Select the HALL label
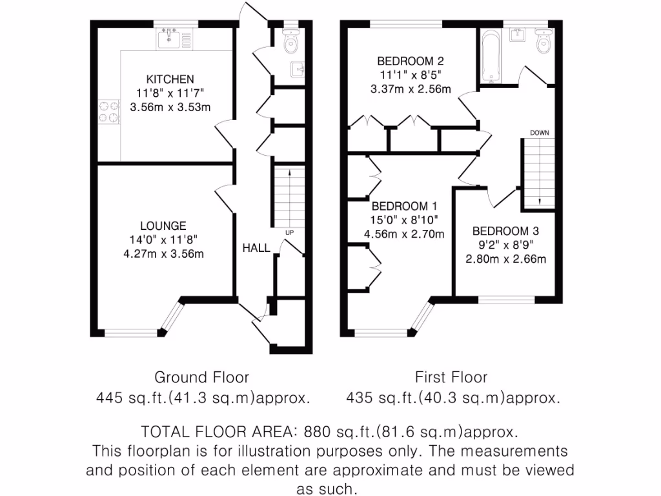(256, 247)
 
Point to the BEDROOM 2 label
(411, 61)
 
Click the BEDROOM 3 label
(505, 231)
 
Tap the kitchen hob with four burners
(108, 112)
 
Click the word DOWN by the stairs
(540, 132)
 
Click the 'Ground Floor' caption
(201, 377)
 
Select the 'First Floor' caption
(451, 377)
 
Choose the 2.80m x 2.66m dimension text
(505, 260)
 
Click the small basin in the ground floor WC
(298, 68)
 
